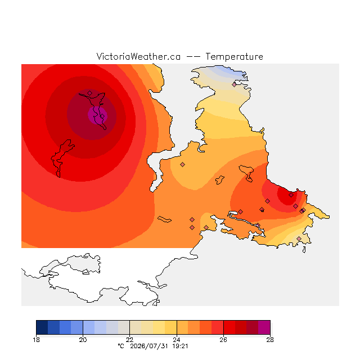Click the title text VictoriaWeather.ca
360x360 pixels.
pos(138,56)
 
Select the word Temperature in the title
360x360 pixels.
pos(234,56)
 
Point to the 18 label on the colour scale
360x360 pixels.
pos(36,340)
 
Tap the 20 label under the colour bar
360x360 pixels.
pos(83,340)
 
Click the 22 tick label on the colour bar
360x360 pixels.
pos(130,340)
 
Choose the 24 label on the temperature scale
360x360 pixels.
pos(177,340)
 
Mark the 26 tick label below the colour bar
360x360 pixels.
pos(223,340)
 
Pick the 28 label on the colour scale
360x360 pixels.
pos(270,340)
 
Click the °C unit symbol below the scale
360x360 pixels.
pos(121,346)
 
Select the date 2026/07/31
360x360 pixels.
pos(149,346)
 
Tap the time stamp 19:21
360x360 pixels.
pos(180,346)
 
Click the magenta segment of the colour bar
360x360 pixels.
pos(264,327)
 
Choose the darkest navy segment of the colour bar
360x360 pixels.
pos(42,327)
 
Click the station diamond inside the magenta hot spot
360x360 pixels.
pos(102,116)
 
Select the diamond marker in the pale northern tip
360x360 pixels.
pos(234,85)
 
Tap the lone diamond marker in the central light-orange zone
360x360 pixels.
pos(182,164)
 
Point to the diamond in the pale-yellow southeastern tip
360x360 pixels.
pos(299,238)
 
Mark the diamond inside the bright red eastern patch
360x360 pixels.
pos(291,195)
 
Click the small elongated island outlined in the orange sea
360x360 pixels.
pos(164,219)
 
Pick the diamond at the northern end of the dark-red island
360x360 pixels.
pos(90,93)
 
